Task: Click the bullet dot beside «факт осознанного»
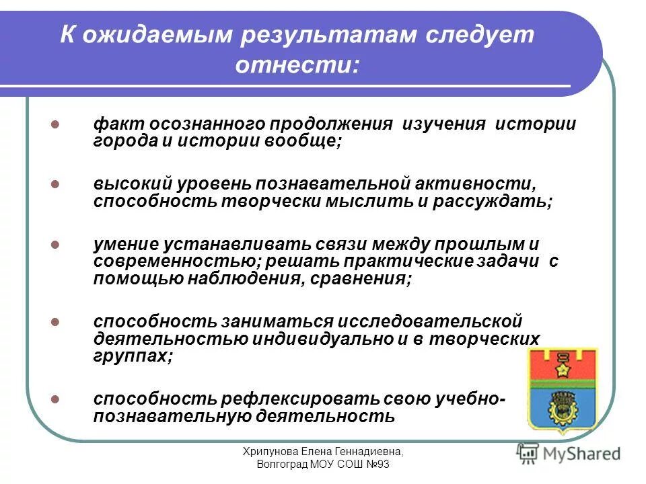56,125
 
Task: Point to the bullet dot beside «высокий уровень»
56,184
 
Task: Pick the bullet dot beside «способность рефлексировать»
56,399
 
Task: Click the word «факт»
110,125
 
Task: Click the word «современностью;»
168,261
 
